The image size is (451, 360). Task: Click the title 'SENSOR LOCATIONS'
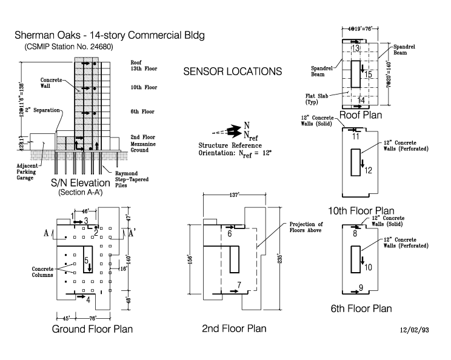point(233,72)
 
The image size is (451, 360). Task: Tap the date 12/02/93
point(416,332)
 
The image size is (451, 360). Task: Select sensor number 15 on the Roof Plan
point(368,75)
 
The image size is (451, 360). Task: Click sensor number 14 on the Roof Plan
point(362,101)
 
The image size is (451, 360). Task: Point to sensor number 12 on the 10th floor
point(368,170)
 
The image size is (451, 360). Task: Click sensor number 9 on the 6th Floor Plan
point(361,287)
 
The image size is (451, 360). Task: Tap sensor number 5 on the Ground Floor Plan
point(86,261)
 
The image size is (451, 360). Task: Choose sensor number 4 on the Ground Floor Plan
point(89,299)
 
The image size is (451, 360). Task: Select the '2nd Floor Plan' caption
point(234,328)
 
